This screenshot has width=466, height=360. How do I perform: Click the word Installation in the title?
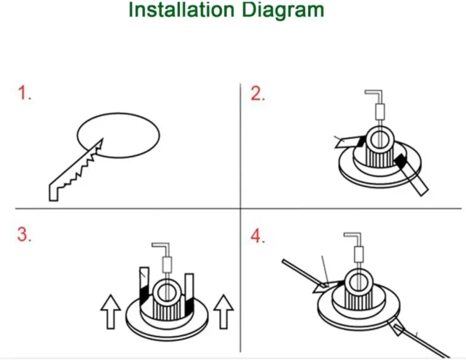pyautogui.click(x=181, y=9)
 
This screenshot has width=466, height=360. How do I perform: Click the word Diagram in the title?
pyautogui.click(x=283, y=11)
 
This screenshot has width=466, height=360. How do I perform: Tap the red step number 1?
pyautogui.click(x=24, y=93)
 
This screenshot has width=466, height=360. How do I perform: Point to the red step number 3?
pyautogui.click(x=24, y=235)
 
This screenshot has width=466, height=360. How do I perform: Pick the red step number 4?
pyautogui.click(x=257, y=237)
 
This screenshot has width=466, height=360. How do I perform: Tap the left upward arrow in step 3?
pyautogui.click(x=111, y=312)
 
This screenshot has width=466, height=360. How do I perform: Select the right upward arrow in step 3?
pyautogui.click(x=224, y=312)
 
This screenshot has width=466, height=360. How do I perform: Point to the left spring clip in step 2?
pyautogui.click(x=350, y=141)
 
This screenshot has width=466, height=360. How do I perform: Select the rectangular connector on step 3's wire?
pyautogui.click(x=167, y=265)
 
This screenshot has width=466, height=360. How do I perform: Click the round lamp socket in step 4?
pyautogui.click(x=357, y=281)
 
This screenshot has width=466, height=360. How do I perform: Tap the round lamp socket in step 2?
pyautogui.click(x=379, y=138)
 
